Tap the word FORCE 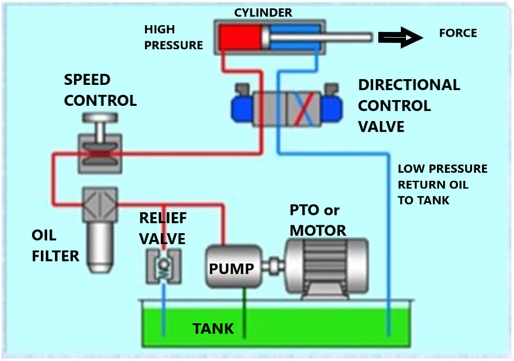point(457,34)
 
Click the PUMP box point(231,267)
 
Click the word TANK point(213,329)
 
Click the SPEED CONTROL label point(100,90)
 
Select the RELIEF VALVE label point(162,228)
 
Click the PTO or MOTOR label point(318,220)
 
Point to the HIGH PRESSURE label point(173,37)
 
